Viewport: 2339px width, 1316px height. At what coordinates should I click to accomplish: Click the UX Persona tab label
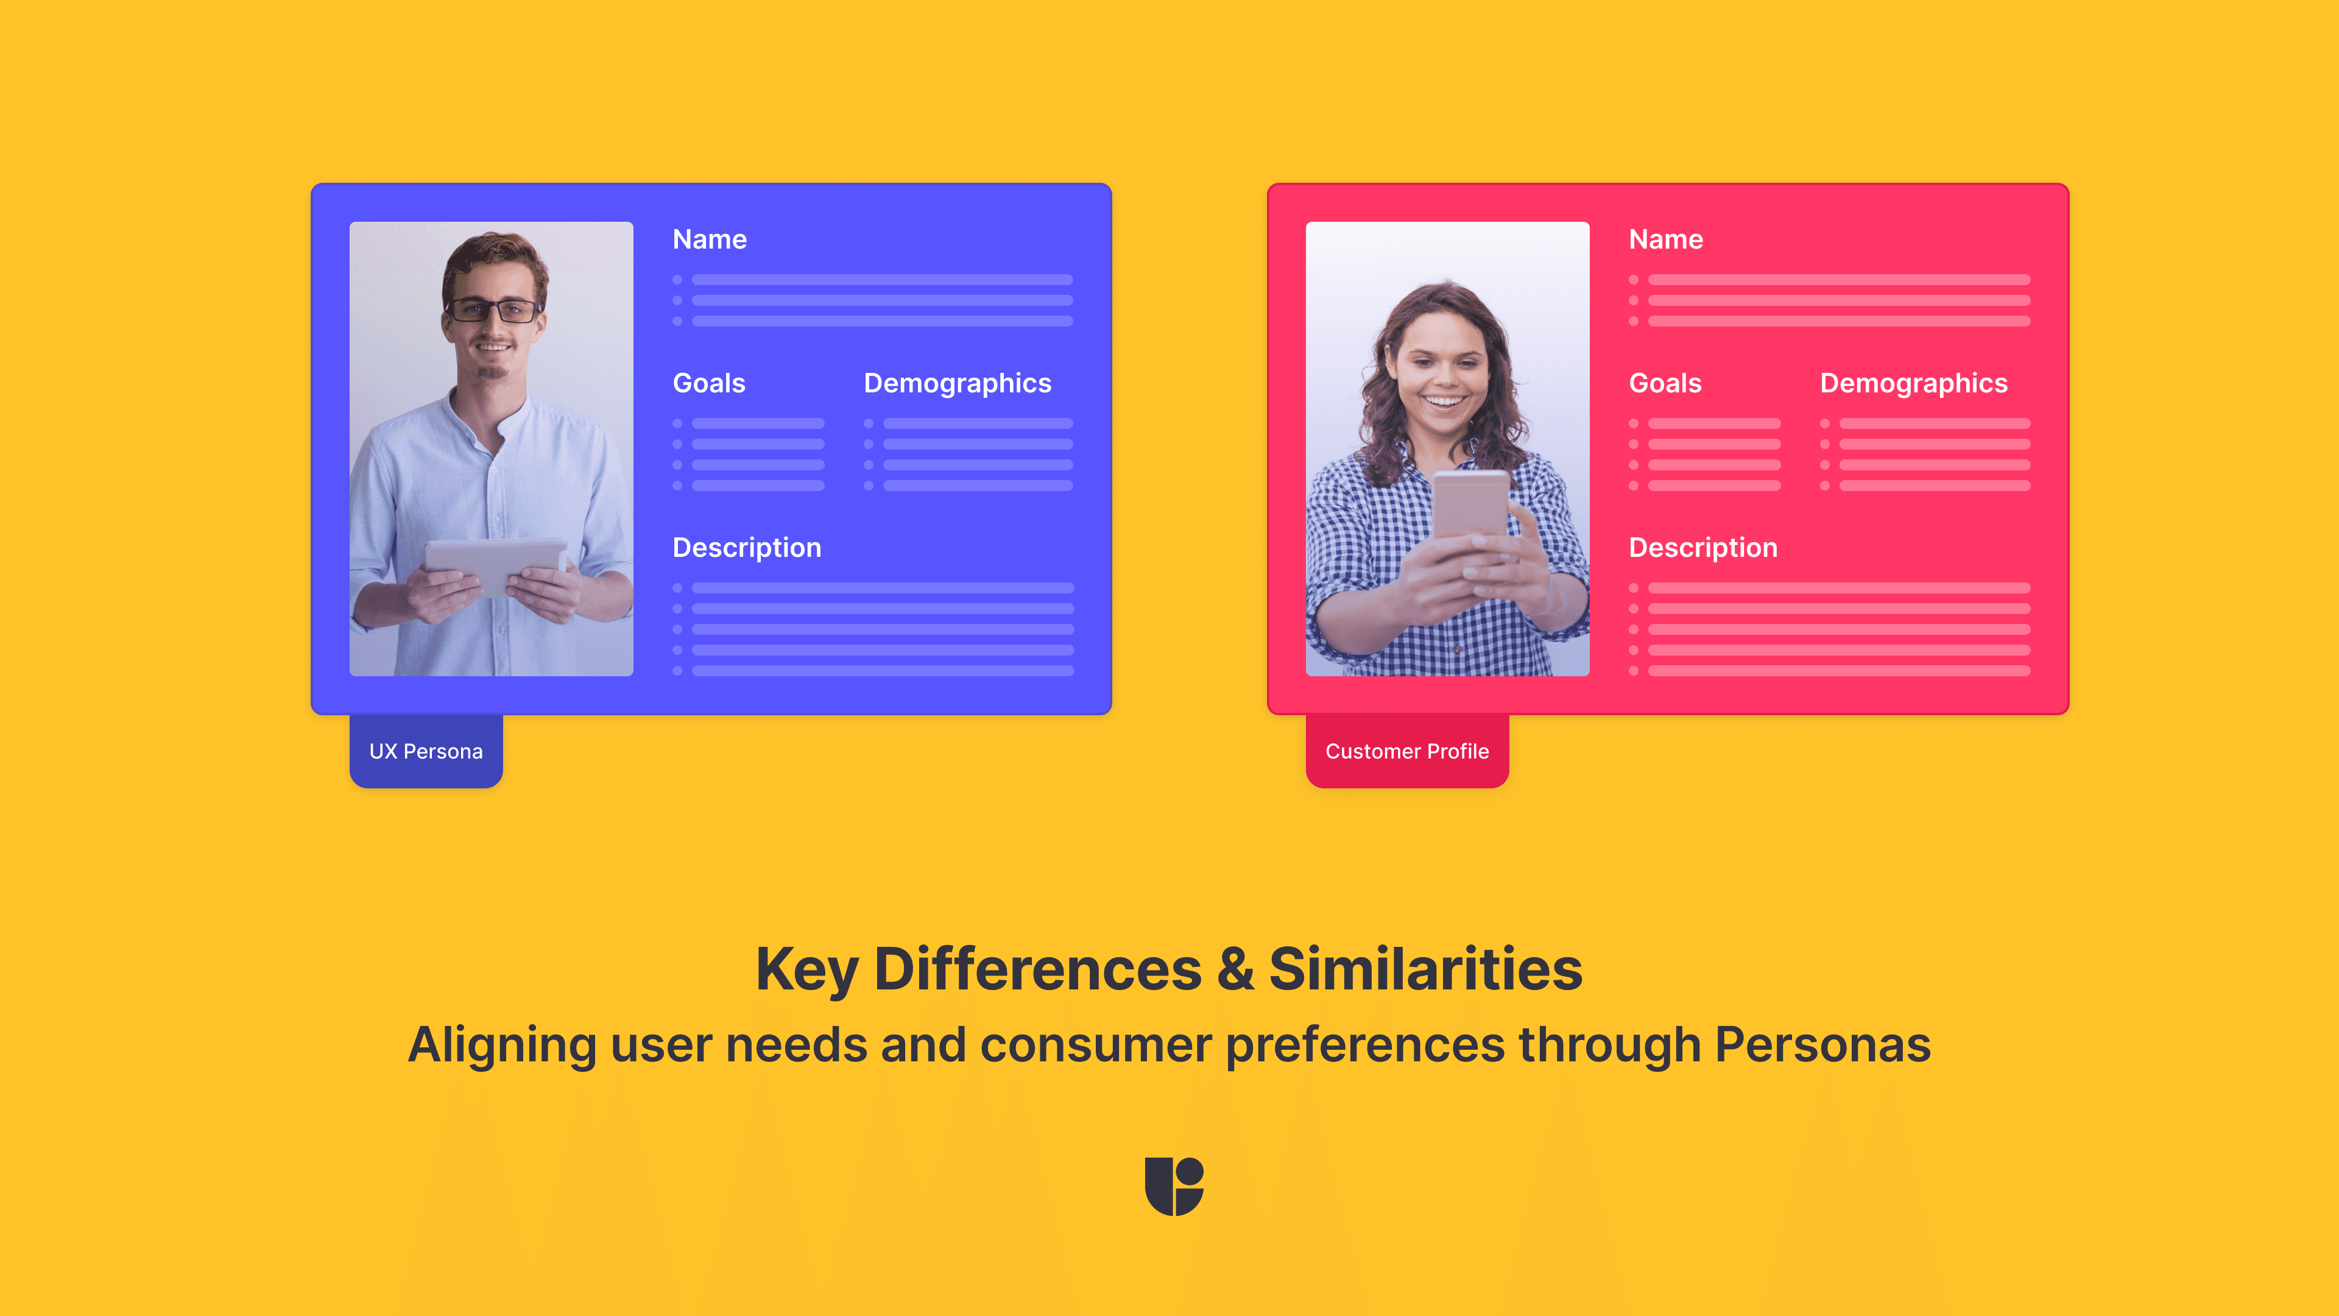(x=426, y=751)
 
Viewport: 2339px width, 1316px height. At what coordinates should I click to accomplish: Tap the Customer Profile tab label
(x=1406, y=751)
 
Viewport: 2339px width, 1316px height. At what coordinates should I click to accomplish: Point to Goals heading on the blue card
(x=708, y=383)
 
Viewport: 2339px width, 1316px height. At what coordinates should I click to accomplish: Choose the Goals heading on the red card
(x=1664, y=383)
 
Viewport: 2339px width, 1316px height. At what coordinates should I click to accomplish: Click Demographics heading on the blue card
(x=957, y=383)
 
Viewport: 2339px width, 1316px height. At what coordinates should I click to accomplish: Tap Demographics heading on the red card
(x=1913, y=383)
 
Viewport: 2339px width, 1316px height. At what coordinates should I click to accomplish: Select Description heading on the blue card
(x=746, y=548)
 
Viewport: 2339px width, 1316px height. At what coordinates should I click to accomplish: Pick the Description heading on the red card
(x=1702, y=548)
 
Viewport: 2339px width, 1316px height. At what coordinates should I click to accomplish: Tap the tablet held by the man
(x=495, y=563)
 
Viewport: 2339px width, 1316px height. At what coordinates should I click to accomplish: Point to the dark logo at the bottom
(x=1173, y=1185)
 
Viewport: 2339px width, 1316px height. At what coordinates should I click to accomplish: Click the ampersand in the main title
(x=1235, y=969)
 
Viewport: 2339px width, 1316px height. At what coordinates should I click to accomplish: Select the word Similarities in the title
(x=1425, y=969)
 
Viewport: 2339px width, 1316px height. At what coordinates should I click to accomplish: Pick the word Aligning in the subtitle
(x=501, y=1046)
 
